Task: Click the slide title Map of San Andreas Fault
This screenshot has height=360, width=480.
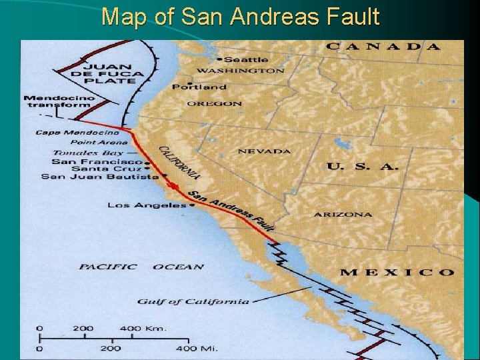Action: click(240, 16)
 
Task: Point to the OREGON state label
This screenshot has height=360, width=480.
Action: click(214, 104)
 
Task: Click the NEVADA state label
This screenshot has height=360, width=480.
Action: click(264, 151)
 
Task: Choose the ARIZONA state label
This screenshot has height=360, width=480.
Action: click(343, 215)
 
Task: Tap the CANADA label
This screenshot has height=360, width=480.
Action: click(383, 47)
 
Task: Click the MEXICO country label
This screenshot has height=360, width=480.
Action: click(397, 272)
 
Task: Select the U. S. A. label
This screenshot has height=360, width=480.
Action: click(362, 166)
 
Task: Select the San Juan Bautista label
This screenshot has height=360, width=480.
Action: click(100, 177)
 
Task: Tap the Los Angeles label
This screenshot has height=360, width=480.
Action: click(147, 205)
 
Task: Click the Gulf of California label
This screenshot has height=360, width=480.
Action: click(193, 301)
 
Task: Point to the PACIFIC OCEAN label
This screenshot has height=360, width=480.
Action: click(141, 267)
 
